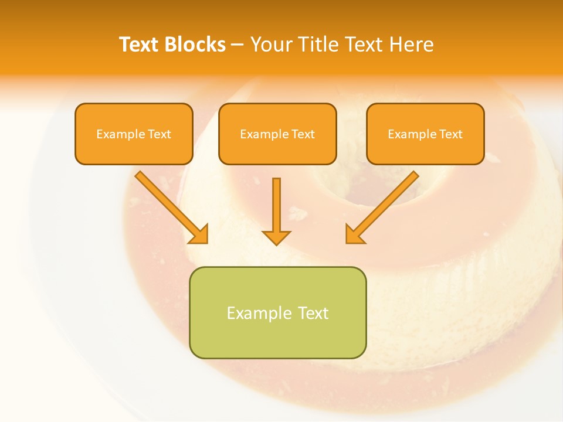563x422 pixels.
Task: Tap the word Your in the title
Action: [270, 45]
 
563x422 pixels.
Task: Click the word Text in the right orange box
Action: [450, 134]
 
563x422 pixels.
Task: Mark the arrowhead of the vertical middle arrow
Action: [276, 237]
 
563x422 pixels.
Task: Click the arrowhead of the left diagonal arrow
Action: [199, 234]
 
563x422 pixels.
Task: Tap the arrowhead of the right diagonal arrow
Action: [354, 234]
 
